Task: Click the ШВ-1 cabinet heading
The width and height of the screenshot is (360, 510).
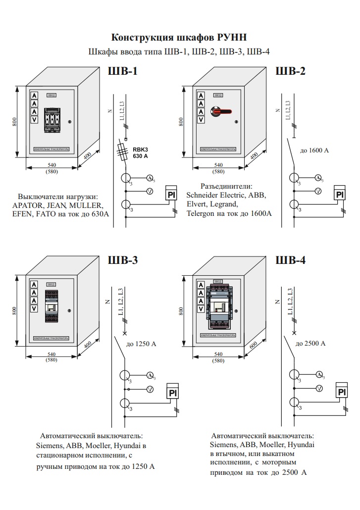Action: click(x=122, y=71)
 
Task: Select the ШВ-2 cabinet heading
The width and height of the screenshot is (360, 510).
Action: click(x=290, y=71)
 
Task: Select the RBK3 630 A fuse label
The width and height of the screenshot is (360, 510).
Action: click(x=141, y=153)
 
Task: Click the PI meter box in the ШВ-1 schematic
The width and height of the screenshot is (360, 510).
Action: click(x=172, y=194)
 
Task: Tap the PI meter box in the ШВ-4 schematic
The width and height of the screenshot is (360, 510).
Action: click(x=341, y=392)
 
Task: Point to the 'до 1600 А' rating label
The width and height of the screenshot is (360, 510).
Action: click(x=314, y=150)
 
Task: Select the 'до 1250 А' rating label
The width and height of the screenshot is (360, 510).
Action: click(x=142, y=343)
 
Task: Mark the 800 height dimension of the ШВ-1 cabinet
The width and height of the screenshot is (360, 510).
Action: click(x=15, y=122)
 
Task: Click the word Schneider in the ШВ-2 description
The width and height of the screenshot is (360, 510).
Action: click(x=204, y=195)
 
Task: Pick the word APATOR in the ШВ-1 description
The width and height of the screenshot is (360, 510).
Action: click(x=29, y=205)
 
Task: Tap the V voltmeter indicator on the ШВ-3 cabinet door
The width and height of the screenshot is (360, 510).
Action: click(x=34, y=308)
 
